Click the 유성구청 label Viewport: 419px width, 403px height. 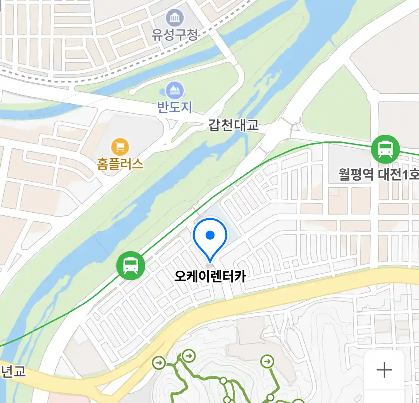point(174,35)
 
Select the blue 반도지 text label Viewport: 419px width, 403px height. point(174,107)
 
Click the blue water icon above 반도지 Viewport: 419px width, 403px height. point(175,90)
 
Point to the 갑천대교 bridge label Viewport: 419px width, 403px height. point(233,125)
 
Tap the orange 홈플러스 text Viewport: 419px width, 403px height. point(120,163)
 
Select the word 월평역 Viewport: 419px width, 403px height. point(356,174)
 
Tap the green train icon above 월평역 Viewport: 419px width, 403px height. point(385,149)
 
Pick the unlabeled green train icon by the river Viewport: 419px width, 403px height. point(130,266)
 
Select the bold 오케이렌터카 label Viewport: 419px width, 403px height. point(210,277)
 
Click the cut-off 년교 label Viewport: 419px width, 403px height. point(13,371)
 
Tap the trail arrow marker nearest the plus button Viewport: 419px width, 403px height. point(267,361)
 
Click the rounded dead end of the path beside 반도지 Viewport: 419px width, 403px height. point(132,91)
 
